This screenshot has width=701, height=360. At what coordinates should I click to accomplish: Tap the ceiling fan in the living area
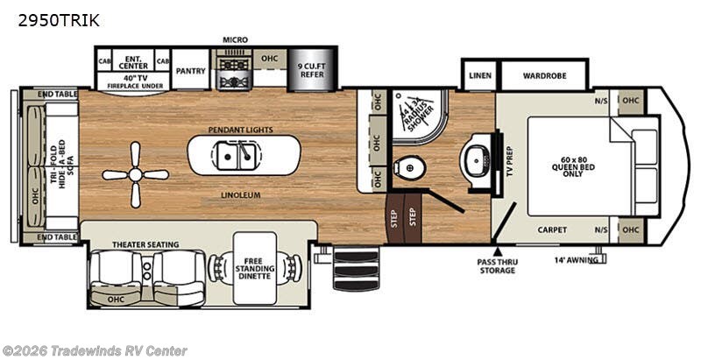[135, 174]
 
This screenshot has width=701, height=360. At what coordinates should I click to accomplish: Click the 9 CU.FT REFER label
[312, 71]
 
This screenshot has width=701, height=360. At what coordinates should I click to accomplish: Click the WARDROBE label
[545, 76]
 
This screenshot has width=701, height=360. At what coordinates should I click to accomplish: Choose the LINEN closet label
[479, 76]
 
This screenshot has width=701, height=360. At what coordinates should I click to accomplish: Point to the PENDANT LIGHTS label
[240, 130]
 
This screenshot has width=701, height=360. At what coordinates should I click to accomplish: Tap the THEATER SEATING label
[145, 244]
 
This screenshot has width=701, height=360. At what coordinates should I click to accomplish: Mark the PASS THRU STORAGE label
[496, 265]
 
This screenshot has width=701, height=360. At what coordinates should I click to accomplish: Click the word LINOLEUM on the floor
[242, 194]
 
